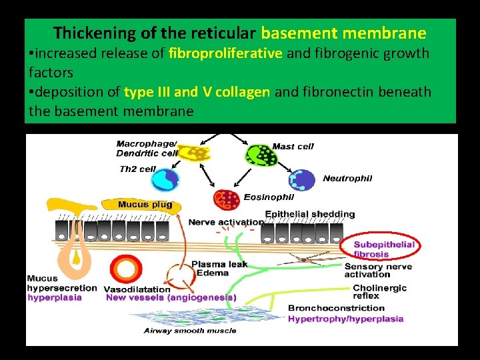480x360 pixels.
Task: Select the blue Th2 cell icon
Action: [x=166, y=179]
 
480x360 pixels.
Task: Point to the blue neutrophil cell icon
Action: [x=302, y=180]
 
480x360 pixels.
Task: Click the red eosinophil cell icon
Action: [x=226, y=199]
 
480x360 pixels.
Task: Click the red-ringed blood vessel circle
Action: [x=125, y=269]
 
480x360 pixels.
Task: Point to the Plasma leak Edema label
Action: [x=219, y=269]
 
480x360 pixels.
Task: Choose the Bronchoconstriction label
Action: [x=336, y=308]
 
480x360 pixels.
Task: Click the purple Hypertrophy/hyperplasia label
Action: [x=345, y=319]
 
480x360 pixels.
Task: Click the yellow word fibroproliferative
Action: [x=225, y=53]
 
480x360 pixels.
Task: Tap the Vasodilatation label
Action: [x=137, y=289]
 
